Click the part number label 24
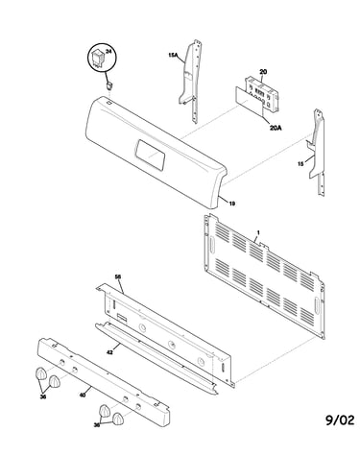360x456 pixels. (x=108, y=52)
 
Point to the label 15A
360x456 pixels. (x=173, y=55)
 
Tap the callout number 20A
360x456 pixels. (x=276, y=128)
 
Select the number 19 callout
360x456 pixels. (x=232, y=204)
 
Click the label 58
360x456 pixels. (x=118, y=276)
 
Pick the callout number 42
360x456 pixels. (x=109, y=352)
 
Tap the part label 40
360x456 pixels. (x=83, y=396)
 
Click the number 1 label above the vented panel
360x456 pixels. (x=258, y=231)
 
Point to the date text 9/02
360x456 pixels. (x=340, y=420)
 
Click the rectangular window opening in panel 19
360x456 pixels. (x=150, y=156)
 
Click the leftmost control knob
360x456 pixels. (x=40, y=373)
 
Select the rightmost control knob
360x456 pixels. (x=118, y=419)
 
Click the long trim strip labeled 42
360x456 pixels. (x=156, y=358)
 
